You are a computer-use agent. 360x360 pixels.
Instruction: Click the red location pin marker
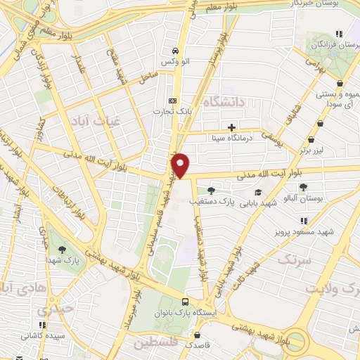point(181,165)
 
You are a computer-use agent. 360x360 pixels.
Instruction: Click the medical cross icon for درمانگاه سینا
point(231,127)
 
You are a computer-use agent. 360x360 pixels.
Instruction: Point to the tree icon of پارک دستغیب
point(211,191)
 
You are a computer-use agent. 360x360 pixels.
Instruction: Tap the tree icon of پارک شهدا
point(62,248)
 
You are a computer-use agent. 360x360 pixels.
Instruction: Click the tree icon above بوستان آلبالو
point(303,187)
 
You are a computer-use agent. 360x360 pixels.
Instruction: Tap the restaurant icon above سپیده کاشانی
point(42,326)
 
